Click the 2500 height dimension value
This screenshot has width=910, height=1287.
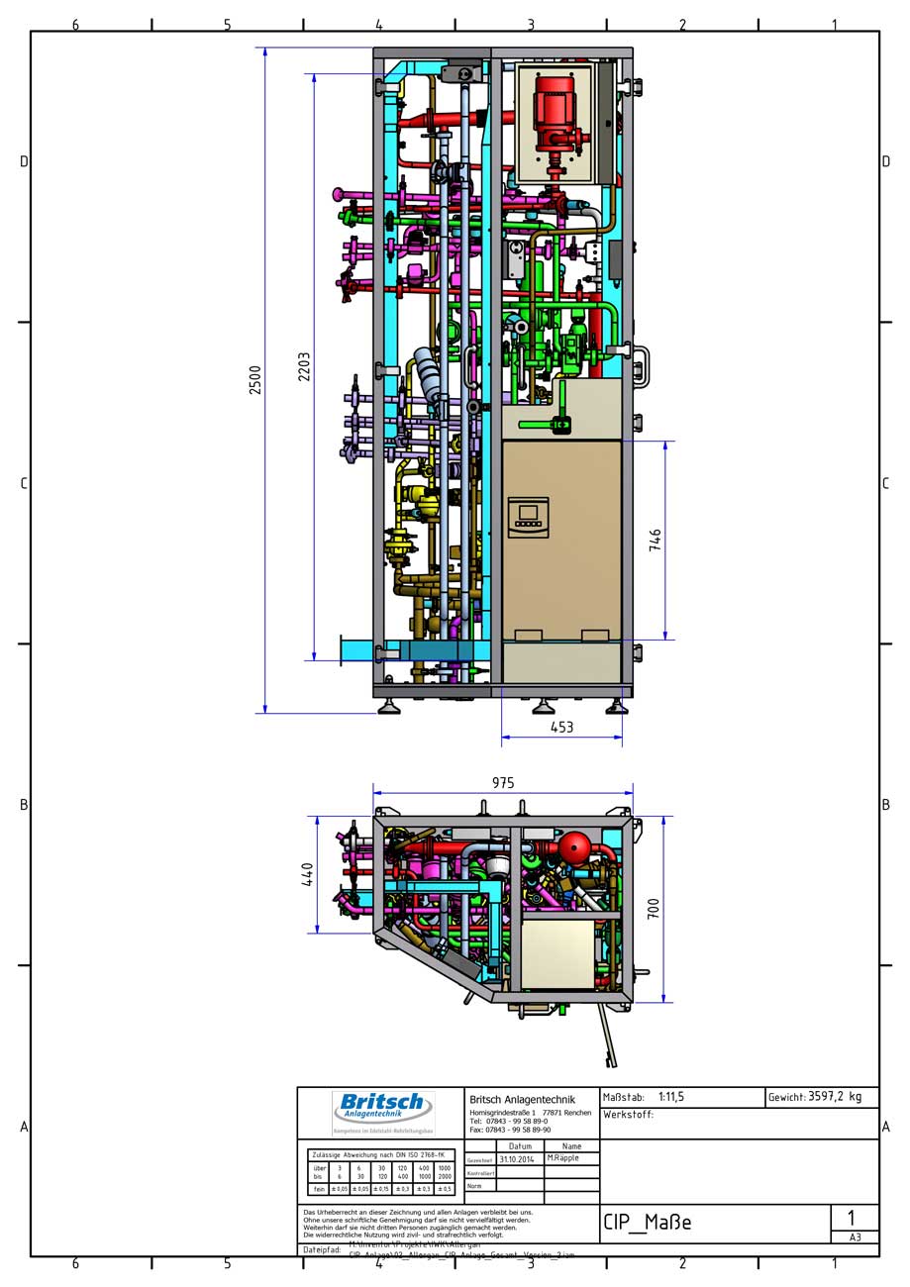(x=255, y=380)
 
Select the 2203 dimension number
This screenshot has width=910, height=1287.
(x=305, y=366)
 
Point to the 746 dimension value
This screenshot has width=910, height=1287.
(x=656, y=540)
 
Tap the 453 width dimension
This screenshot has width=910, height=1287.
(x=561, y=727)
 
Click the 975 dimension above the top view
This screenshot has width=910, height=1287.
(x=503, y=783)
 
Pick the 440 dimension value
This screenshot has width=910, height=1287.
(x=308, y=874)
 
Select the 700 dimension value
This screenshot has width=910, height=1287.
(x=654, y=909)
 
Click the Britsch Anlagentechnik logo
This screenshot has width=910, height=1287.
(x=382, y=1108)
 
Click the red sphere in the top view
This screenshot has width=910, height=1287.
(x=574, y=848)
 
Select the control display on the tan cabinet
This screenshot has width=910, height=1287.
(x=528, y=518)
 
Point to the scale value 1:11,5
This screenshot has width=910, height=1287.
(x=671, y=1097)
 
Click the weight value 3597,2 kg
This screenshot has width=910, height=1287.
(x=835, y=1097)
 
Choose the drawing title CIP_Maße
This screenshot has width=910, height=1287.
(x=647, y=1223)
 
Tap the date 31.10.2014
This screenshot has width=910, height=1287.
(x=517, y=1159)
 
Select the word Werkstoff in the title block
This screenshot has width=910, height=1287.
(x=628, y=1115)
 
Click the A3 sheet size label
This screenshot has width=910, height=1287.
(x=854, y=1237)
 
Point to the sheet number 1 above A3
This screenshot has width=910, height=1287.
(x=852, y=1218)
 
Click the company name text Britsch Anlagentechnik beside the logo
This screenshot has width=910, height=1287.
(x=522, y=1100)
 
